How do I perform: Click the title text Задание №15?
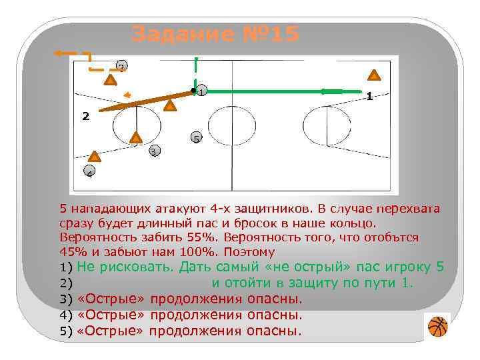216,33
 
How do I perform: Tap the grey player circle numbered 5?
196,138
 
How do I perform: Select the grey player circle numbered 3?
154,151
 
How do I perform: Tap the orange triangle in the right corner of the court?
375,75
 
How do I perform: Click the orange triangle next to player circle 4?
95,157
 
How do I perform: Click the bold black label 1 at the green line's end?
369,97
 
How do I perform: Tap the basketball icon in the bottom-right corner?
437,327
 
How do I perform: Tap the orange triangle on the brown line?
170,105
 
